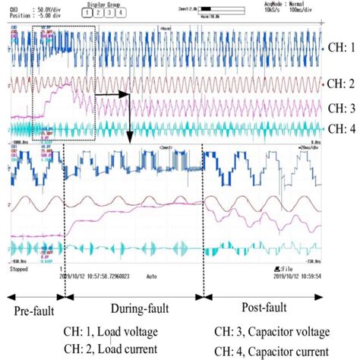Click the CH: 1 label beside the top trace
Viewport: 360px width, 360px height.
coord(339,46)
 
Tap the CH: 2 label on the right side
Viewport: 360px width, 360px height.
coord(339,81)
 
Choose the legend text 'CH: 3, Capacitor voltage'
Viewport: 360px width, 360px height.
coord(272,331)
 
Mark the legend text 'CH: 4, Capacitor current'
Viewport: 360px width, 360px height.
coord(272,349)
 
